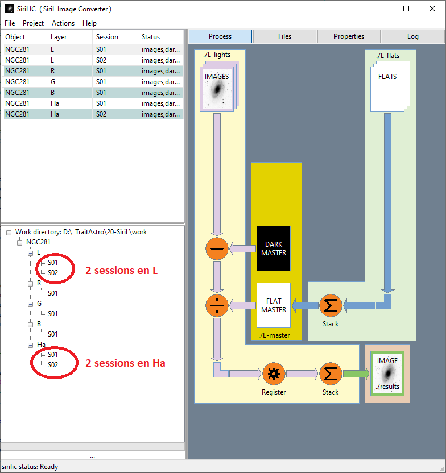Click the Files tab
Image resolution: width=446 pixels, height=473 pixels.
point(284,36)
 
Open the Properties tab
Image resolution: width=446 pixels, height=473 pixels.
point(349,36)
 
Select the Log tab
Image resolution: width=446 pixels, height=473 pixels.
point(412,36)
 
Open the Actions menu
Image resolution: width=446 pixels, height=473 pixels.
point(63,23)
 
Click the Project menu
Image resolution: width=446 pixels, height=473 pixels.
point(33,23)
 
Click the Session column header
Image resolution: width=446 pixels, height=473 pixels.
point(107,37)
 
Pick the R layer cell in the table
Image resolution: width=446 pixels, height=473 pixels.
point(53,71)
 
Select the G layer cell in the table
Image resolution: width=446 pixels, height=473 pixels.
point(53,82)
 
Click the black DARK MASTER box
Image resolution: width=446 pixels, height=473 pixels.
point(274,248)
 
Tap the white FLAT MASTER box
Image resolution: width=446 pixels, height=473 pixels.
point(274,305)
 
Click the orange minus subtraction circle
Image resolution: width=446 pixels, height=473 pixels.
point(217,248)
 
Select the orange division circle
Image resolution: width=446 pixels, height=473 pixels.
point(217,306)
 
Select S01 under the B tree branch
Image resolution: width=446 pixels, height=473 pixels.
point(53,334)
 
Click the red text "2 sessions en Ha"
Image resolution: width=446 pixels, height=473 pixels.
point(125,363)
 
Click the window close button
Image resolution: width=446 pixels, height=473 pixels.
point(431,9)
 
